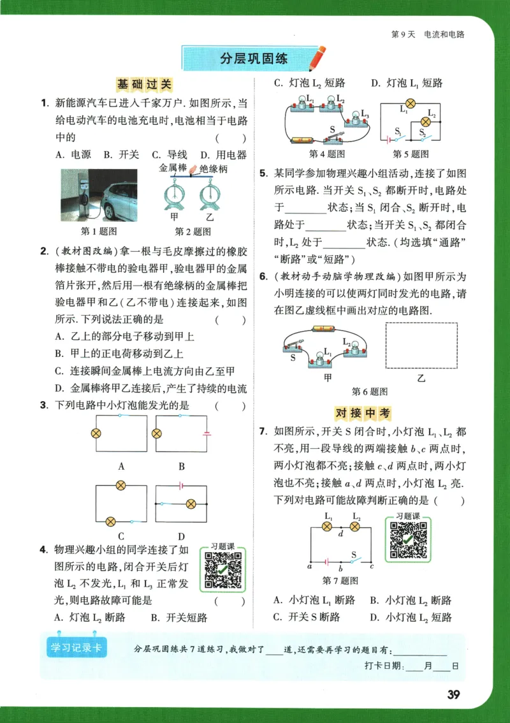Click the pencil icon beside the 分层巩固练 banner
point(317,58)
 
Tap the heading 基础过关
point(144,84)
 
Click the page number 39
point(453,694)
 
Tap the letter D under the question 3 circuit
point(181,536)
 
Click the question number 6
point(263,277)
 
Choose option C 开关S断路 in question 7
point(306,617)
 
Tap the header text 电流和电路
point(444,34)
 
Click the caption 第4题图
point(326,154)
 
